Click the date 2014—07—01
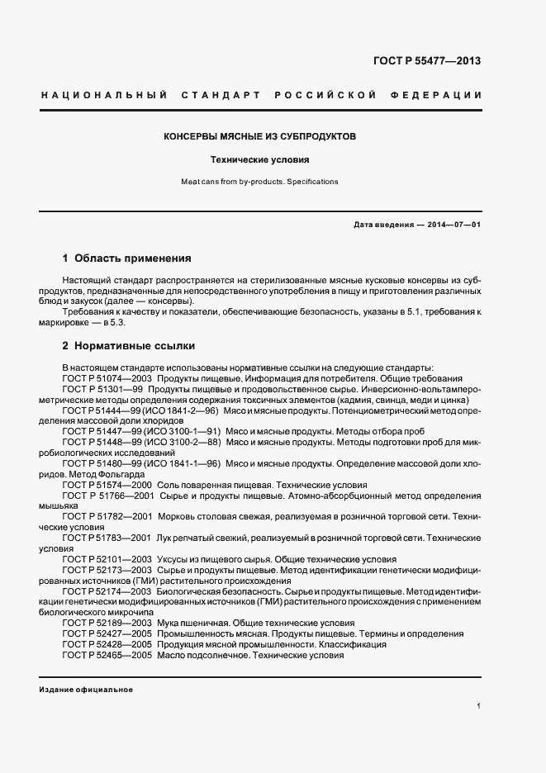[453, 225]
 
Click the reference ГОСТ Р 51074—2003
[106, 377]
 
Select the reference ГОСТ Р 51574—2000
[106, 485]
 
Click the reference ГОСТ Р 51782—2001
[107, 516]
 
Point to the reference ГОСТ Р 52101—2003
[106, 559]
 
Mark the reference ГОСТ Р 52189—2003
[106, 623]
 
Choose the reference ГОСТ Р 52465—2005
[106, 655]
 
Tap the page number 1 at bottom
[479, 706]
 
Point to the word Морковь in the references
[176, 516]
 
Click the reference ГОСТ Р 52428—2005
[106, 644]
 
